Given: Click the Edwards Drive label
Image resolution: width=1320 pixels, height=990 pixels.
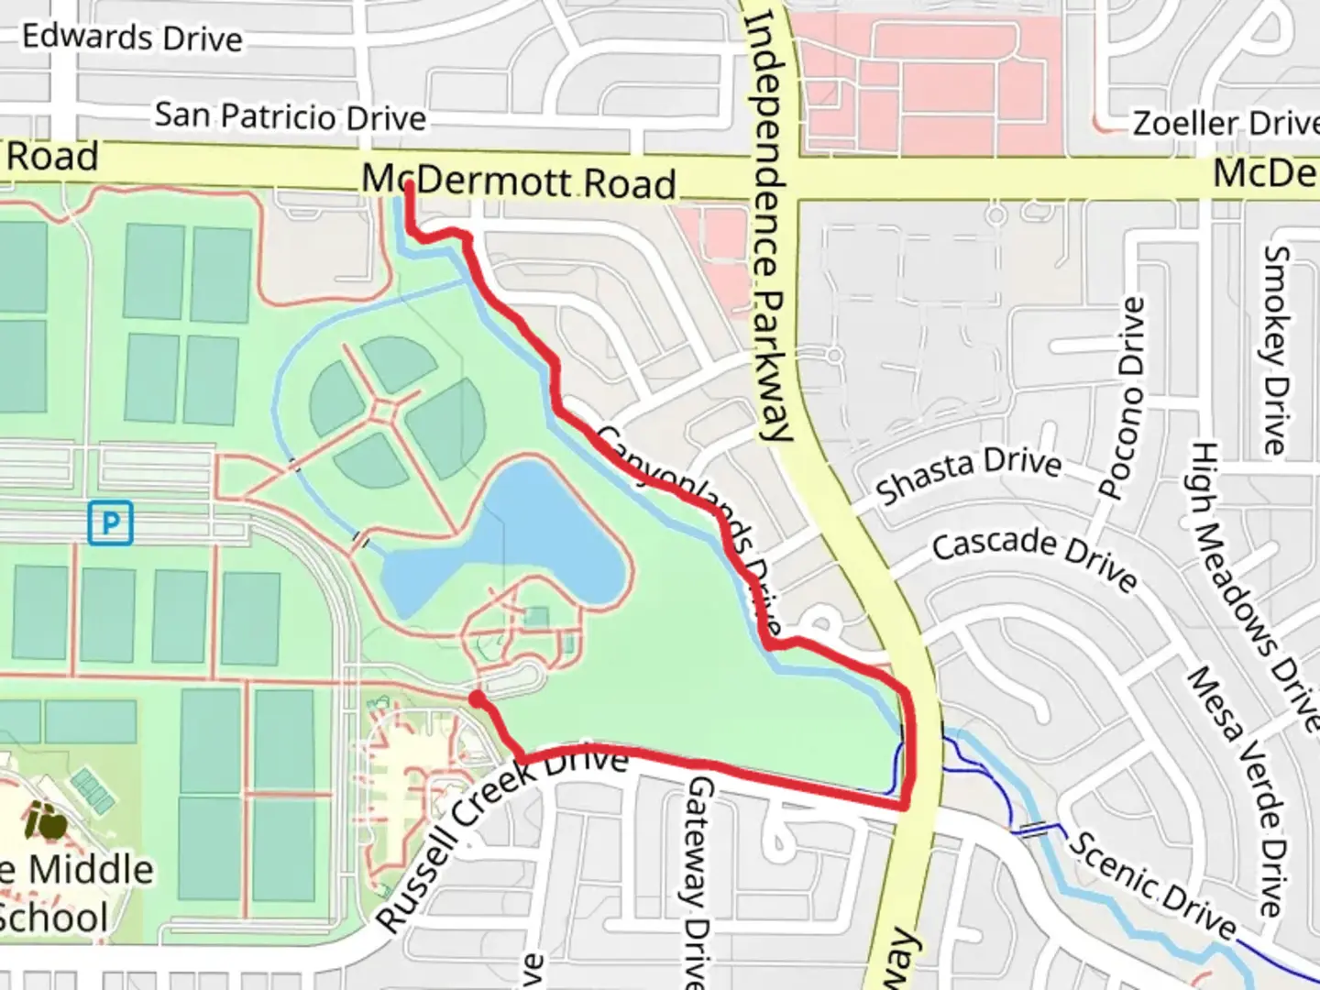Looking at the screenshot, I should coord(132,38).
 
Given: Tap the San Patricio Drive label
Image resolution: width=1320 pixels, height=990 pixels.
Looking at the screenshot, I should coord(290,116).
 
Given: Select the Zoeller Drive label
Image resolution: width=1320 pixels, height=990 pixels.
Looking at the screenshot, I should coord(1225,123).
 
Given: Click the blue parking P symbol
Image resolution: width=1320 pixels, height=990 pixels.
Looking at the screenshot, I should coord(111,523).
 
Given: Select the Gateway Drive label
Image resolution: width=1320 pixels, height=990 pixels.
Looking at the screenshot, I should coord(698,880).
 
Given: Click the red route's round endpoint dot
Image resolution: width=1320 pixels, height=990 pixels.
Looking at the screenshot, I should coord(477,699).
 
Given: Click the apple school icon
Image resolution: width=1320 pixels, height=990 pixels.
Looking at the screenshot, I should coord(46,821).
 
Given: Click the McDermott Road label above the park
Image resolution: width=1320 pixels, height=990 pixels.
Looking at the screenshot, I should coord(519,181).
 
